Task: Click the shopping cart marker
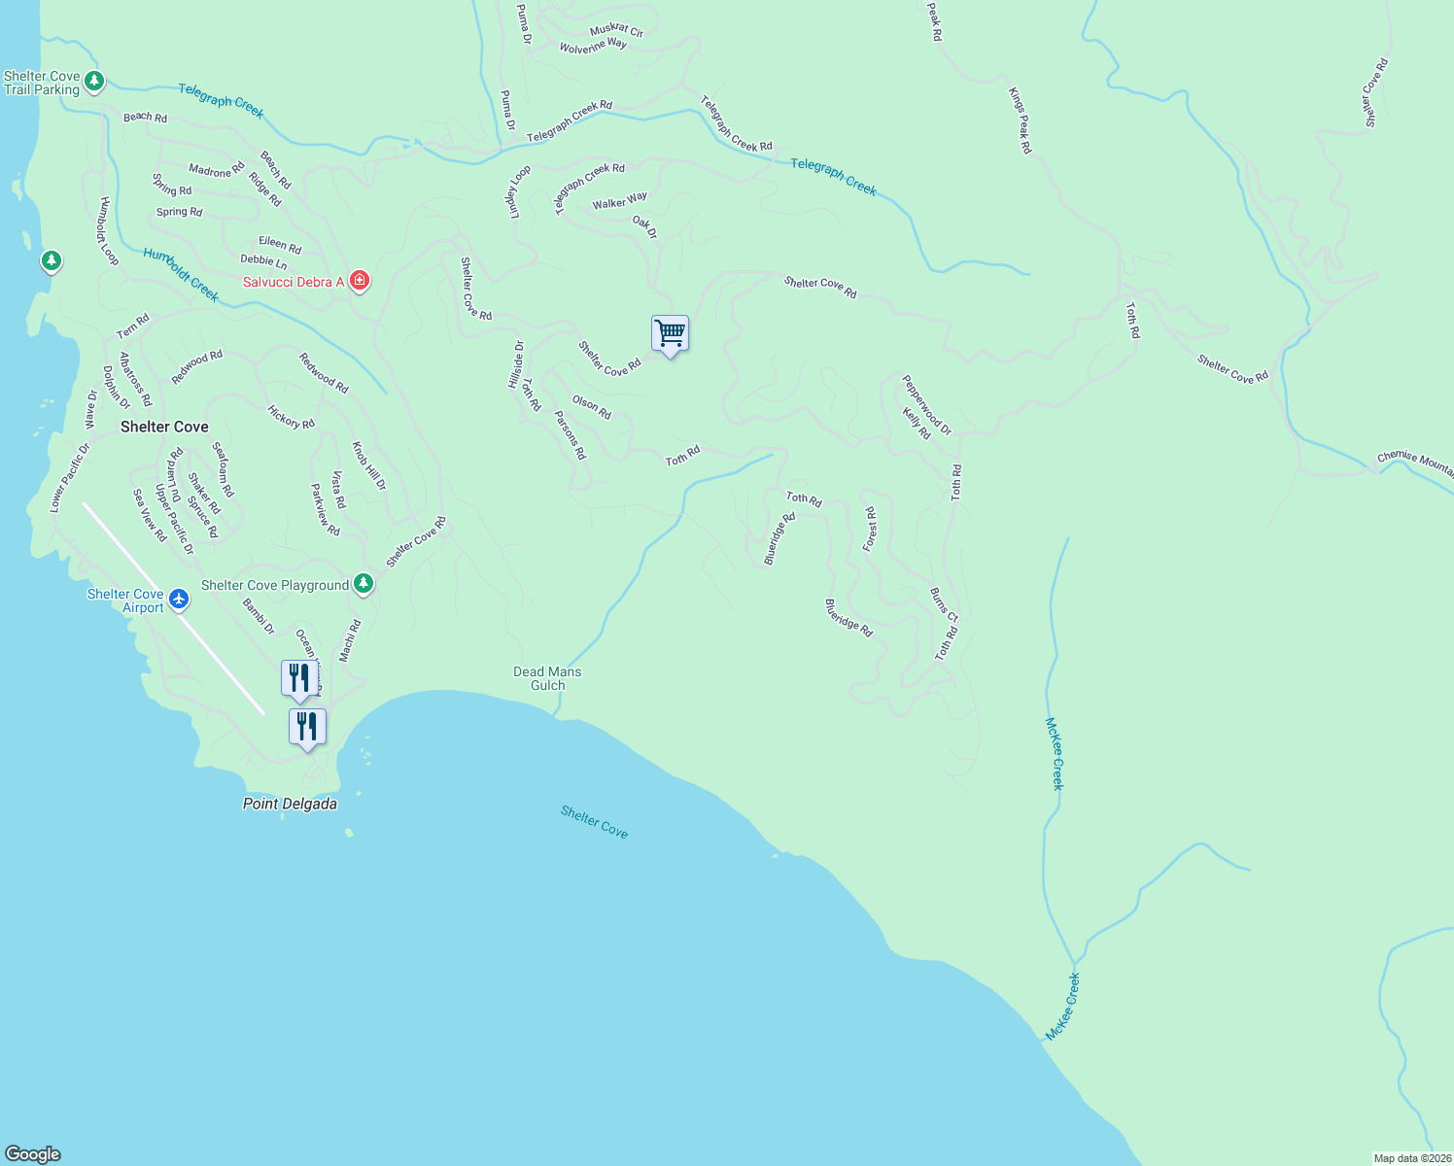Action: point(670,334)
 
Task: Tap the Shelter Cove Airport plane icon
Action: point(179,599)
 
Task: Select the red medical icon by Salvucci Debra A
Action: point(360,281)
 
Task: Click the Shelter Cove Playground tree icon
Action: point(363,583)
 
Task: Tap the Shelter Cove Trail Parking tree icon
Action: point(94,81)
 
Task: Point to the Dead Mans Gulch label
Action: point(547,678)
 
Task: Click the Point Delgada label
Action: point(290,804)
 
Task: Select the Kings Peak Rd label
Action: point(1019,120)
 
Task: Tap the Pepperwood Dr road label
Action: point(926,404)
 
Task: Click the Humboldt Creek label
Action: point(181,275)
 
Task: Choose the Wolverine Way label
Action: point(593,45)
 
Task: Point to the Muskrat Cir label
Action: point(616,30)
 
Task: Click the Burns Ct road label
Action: point(943,604)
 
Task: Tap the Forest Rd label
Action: point(871,530)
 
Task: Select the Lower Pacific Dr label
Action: point(69,477)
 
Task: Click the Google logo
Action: point(33,1154)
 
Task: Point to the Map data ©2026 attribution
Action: point(1412,1158)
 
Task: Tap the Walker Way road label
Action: point(619,201)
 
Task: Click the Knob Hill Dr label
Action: point(368,465)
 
